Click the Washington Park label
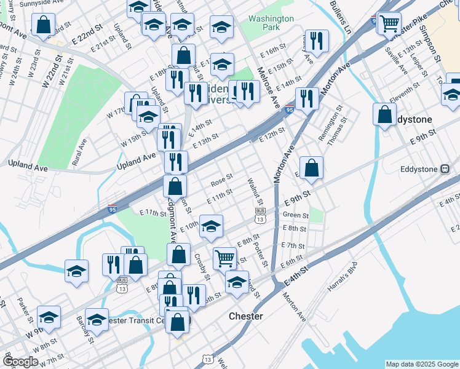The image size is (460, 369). coord(271,23)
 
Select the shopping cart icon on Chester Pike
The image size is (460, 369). coord(389,24)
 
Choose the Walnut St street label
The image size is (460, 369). coord(254,192)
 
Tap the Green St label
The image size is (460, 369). coord(295,215)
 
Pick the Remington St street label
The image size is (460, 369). coord(335,122)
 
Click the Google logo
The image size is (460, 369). coord(20,362)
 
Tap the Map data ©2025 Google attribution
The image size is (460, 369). coord(421,364)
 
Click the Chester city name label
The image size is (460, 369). coord(246,316)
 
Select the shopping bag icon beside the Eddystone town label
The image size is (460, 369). coord(384,114)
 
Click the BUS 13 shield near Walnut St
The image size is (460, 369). coord(261,215)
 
